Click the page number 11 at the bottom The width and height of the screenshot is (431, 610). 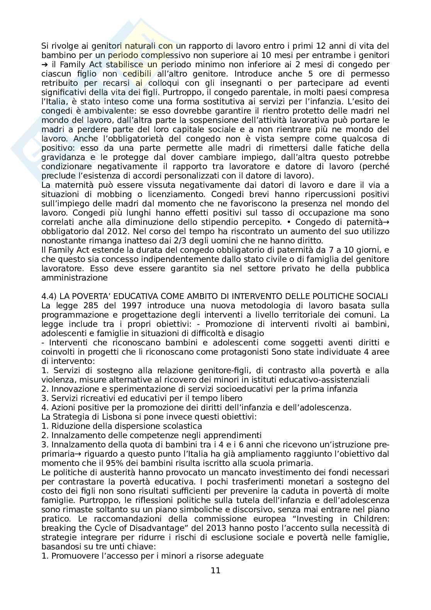click(x=215, y=570)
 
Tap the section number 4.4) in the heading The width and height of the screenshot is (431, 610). click(x=49, y=296)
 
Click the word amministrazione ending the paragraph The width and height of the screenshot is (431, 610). click(x=75, y=277)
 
